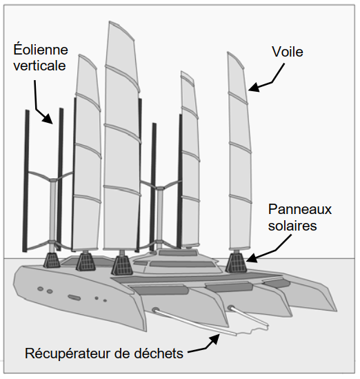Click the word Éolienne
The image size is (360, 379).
click(x=41, y=50)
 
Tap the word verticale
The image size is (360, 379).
click(x=39, y=66)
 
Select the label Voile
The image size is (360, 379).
click(x=288, y=52)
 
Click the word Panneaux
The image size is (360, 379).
click(x=299, y=209)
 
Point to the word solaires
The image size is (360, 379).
click(x=292, y=226)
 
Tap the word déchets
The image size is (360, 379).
click(x=159, y=353)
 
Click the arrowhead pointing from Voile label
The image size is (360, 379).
click(x=254, y=87)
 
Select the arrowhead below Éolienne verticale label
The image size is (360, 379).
click(x=48, y=119)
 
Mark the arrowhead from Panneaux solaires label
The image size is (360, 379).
click(x=251, y=257)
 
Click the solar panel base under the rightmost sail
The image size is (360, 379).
click(x=236, y=262)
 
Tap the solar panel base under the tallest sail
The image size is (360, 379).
click(x=122, y=265)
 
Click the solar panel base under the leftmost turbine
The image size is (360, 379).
click(x=52, y=260)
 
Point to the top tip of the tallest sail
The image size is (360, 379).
click(x=110, y=22)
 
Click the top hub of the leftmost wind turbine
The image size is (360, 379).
click(x=53, y=180)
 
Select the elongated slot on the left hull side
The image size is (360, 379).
click(x=74, y=298)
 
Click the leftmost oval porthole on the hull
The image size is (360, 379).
click(x=40, y=289)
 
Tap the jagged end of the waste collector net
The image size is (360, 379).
click(x=252, y=331)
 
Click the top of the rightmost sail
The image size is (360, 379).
click(x=228, y=52)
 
